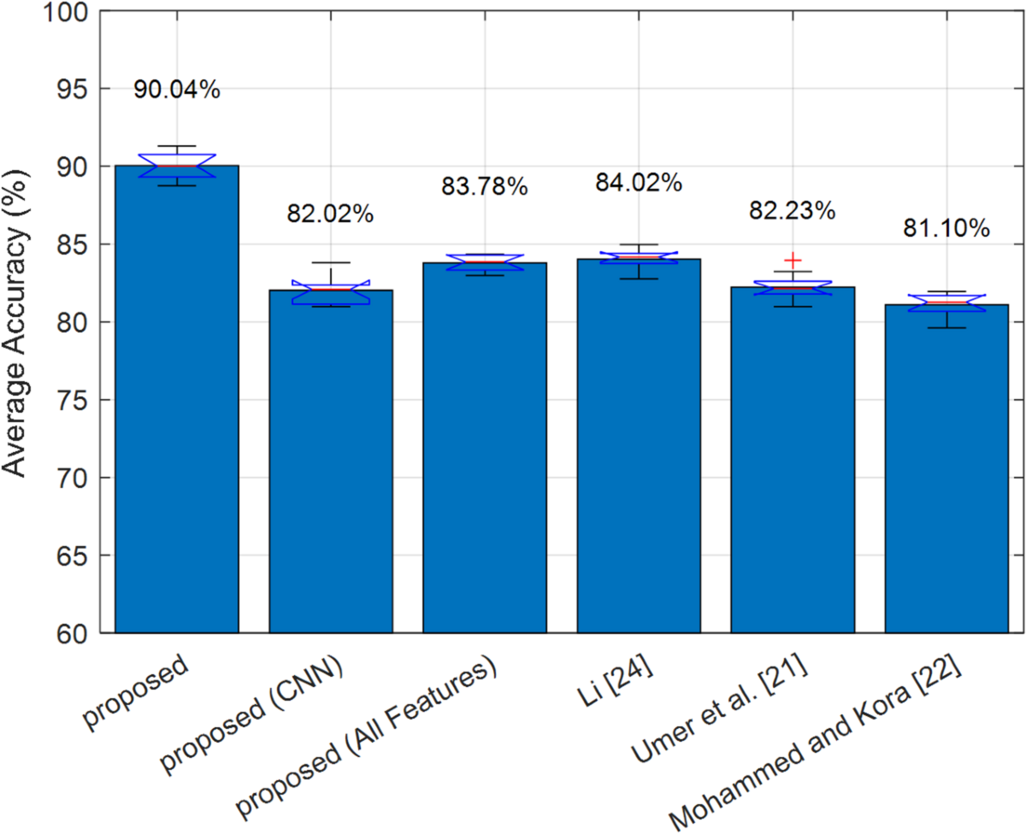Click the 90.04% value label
[177, 89]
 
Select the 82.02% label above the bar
[330, 214]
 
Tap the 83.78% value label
[484, 185]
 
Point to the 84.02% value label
[638, 182]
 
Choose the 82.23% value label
[792, 210]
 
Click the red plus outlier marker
[793, 260]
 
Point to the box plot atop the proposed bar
[177, 166]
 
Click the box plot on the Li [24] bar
[638, 257]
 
